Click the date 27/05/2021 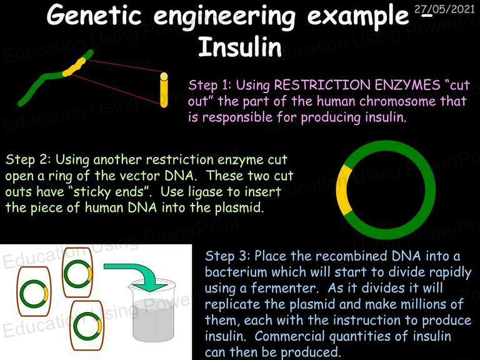coord(444,9)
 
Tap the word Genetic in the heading coord(94,15)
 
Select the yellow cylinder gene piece coord(164,90)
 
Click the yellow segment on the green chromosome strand coord(74,67)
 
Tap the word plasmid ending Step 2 coord(239,208)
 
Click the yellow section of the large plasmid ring coord(343,189)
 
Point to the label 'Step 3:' coord(227,256)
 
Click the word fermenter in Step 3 coord(286,288)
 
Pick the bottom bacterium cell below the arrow coord(87,326)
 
